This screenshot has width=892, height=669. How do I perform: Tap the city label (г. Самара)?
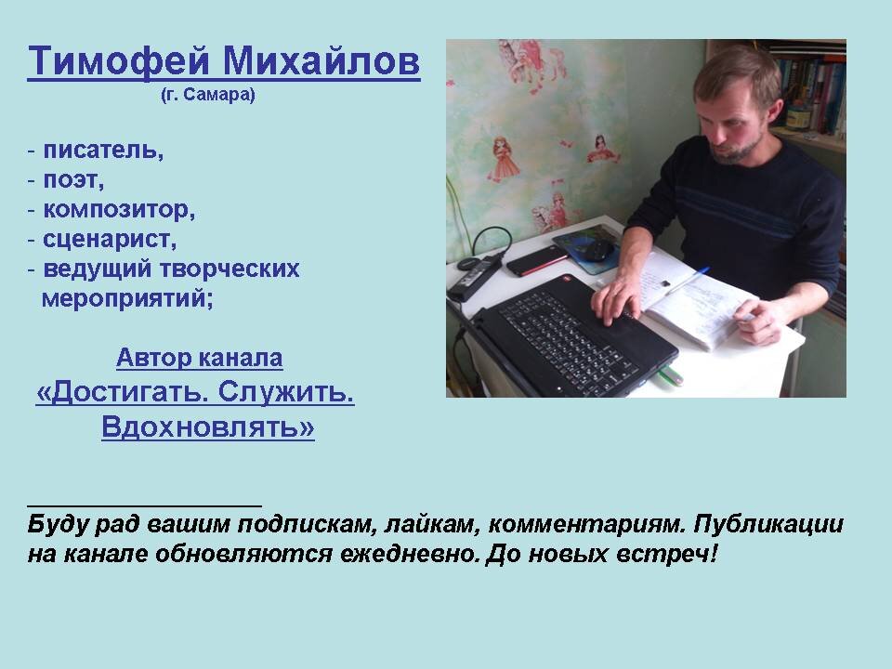(x=208, y=95)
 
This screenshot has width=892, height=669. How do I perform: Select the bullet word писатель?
(x=103, y=150)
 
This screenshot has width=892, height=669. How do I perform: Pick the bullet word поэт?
(x=73, y=179)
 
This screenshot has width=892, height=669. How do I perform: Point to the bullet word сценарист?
(x=110, y=240)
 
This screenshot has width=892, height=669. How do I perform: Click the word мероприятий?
(x=127, y=298)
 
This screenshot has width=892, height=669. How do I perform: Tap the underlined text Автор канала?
(x=200, y=358)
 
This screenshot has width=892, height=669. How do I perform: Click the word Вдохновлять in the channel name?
(x=208, y=426)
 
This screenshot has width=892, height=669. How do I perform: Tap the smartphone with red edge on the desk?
(x=536, y=260)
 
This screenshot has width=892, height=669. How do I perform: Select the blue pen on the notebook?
(x=688, y=281)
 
